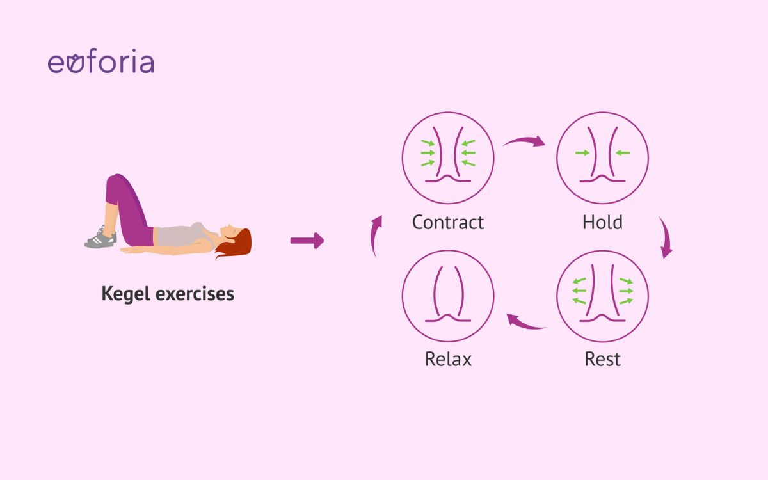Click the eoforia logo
coord(100,63)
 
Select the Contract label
coord(448,222)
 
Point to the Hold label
coord(602,222)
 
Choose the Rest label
coord(602,359)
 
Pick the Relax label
coord(448,359)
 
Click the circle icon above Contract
coord(448,158)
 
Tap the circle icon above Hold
coord(602,158)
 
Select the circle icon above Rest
coord(602,296)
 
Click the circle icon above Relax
coord(448,296)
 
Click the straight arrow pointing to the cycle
coord(307,241)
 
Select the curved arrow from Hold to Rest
coord(666,238)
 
